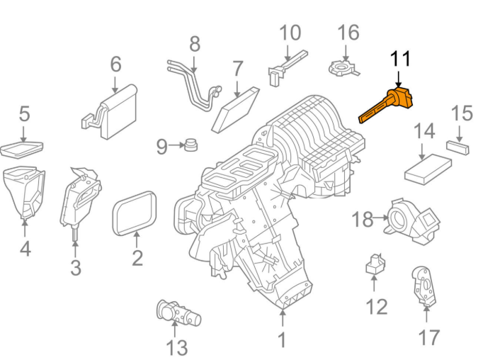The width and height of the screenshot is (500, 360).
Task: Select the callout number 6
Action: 115,64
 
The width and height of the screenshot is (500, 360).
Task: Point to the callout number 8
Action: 195,44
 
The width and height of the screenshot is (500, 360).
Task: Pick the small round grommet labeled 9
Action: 191,146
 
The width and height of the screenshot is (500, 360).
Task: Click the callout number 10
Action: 290,33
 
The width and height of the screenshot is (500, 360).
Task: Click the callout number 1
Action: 282,340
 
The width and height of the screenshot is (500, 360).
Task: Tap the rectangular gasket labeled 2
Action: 136,213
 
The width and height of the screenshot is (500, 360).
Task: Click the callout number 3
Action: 75,268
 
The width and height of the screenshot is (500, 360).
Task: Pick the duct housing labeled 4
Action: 25,191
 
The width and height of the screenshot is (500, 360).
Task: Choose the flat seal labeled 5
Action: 21,149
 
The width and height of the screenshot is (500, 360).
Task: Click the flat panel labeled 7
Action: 236,109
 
